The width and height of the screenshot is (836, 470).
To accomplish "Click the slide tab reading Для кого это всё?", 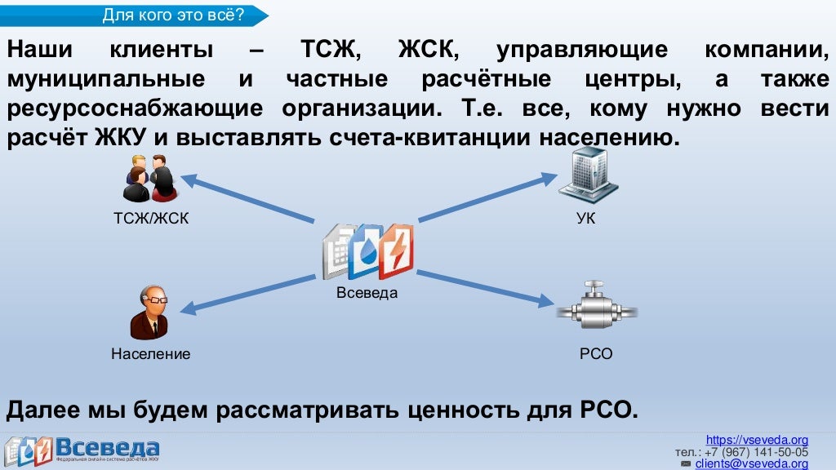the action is point(173,14).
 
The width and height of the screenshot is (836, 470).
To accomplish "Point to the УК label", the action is point(585,219).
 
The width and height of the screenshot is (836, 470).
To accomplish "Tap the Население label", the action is point(151,354).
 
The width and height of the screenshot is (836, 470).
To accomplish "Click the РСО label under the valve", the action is point(596,354).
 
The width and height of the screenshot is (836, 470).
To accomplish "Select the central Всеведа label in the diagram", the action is point(367,293).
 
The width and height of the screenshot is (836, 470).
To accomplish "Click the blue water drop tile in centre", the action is point(366,251).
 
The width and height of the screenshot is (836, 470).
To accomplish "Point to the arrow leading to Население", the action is point(248,292).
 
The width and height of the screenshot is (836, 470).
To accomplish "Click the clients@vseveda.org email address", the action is point(751,463).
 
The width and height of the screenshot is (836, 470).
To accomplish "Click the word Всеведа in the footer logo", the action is point(107,448).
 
